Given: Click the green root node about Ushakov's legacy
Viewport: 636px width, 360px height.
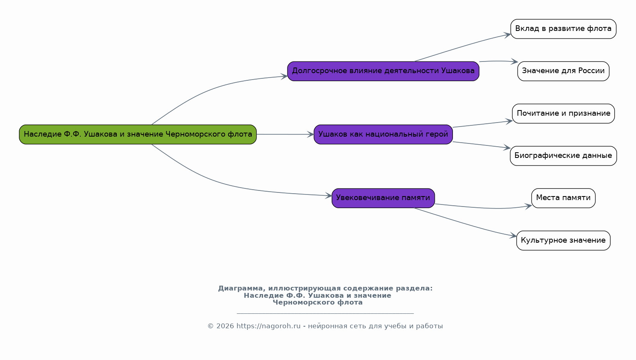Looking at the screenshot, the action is click(x=138, y=134).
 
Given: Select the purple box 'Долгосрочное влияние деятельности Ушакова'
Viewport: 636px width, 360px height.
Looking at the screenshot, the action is click(x=383, y=71).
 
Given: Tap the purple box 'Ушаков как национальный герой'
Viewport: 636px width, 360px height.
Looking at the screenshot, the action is click(x=383, y=134).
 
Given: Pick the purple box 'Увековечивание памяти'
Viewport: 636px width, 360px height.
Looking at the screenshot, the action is click(x=383, y=198).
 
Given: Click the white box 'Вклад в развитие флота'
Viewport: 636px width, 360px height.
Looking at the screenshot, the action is click(x=563, y=29).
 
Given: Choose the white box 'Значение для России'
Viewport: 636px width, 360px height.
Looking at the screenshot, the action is click(x=563, y=71).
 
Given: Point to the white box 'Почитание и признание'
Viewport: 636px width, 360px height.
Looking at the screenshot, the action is click(x=563, y=113).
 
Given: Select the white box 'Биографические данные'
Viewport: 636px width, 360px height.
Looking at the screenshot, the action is click(x=563, y=156).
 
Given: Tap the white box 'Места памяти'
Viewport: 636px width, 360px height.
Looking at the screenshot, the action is click(x=563, y=198).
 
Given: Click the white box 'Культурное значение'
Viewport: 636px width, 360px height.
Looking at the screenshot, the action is click(x=563, y=240).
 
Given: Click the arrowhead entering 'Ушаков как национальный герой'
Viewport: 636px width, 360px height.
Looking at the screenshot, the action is click(x=310, y=134).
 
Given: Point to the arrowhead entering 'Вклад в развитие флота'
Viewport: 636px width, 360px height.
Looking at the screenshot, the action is click(x=508, y=35).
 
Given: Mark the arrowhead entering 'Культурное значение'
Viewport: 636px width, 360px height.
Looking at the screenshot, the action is click(x=513, y=235).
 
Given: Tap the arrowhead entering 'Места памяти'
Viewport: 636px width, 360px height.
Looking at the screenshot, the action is click(x=528, y=206).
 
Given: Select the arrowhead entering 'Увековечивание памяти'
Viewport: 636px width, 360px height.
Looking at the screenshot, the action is click(x=328, y=196).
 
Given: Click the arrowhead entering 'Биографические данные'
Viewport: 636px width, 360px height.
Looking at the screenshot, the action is click(x=507, y=147).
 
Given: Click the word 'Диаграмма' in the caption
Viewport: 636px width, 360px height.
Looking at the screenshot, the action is click(x=241, y=288).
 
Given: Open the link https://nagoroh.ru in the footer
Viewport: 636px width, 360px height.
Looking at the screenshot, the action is click(x=268, y=326).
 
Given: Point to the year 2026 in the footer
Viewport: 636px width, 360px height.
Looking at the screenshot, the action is click(x=225, y=326).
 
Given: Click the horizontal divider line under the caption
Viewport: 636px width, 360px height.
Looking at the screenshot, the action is click(x=325, y=313).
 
